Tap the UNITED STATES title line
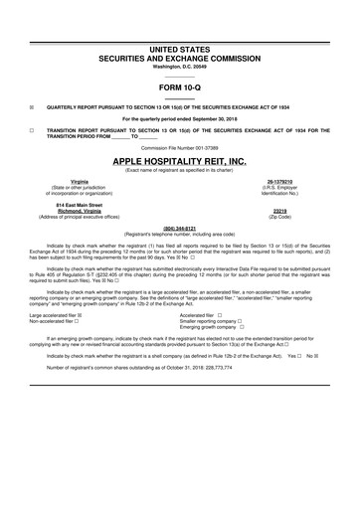pyautogui.click(x=179, y=48)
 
